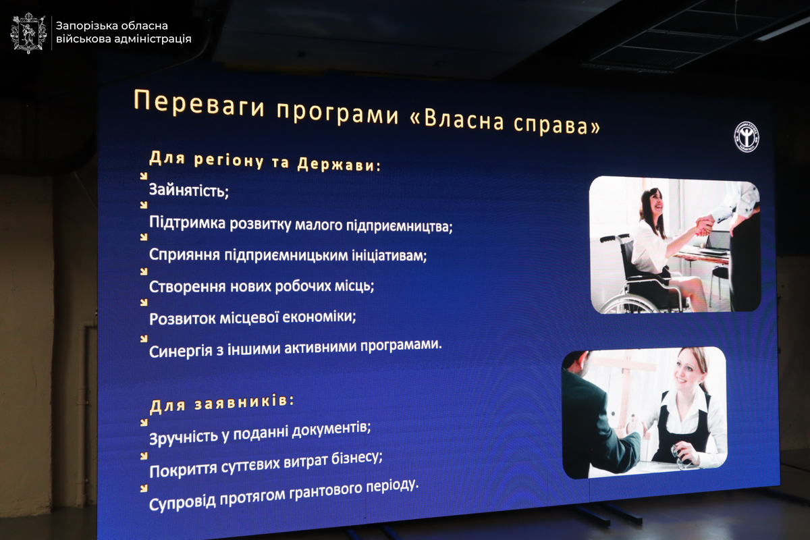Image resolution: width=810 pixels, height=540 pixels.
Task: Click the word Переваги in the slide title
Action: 199,104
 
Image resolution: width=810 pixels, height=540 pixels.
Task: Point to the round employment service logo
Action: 747,137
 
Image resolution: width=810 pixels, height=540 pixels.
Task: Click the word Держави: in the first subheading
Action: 339,165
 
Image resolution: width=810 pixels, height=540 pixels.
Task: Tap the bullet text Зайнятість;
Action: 189,190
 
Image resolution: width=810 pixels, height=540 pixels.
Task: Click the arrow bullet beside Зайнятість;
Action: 144,176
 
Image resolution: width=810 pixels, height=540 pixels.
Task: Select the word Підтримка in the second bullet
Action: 188,223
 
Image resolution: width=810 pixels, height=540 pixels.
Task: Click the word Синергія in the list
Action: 180,351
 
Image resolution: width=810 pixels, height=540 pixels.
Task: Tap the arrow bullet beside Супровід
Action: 144,489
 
